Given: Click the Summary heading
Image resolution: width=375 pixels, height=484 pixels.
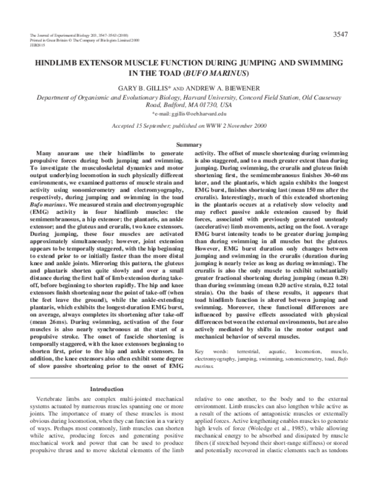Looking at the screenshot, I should [187, 145].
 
